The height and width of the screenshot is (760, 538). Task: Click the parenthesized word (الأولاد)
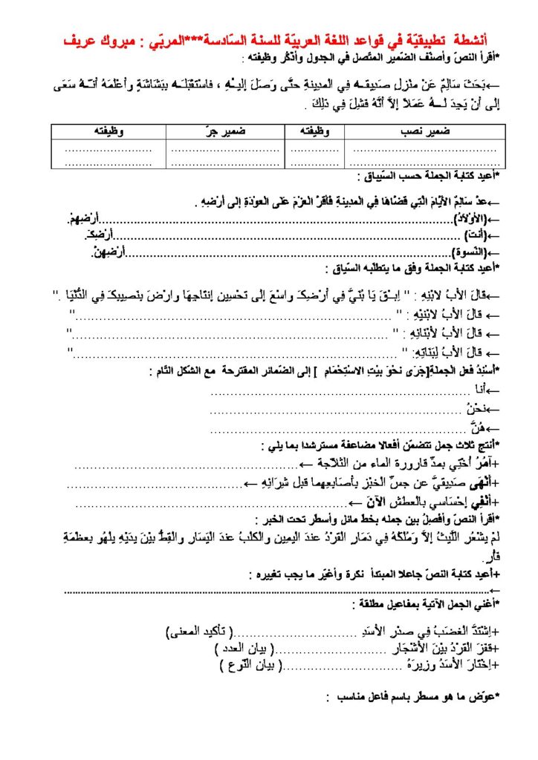[x=466, y=219]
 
